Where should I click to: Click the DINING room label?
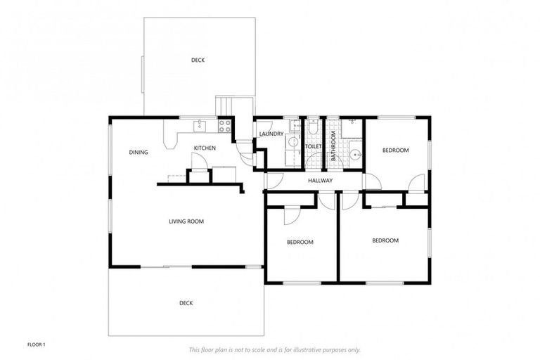point(139,152)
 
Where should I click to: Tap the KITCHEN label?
point(205,148)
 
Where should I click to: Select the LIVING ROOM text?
point(186,221)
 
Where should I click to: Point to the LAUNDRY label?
point(271,134)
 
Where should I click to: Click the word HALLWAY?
point(320,181)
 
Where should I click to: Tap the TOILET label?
point(313,147)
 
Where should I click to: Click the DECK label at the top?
point(198,60)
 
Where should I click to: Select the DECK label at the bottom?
point(186,303)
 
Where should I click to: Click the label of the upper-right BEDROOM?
point(395,150)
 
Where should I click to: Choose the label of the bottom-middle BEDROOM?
point(300,242)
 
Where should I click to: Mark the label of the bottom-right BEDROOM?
point(385,240)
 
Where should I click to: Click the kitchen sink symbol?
point(200,127)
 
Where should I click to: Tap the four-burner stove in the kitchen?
point(226,127)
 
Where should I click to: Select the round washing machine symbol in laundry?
point(292,141)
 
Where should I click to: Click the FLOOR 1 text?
point(36,345)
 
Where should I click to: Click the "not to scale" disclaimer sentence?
point(274,349)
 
